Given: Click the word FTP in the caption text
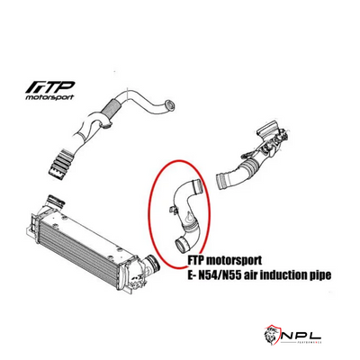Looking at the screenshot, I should pyautogui.click(x=199, y=257).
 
